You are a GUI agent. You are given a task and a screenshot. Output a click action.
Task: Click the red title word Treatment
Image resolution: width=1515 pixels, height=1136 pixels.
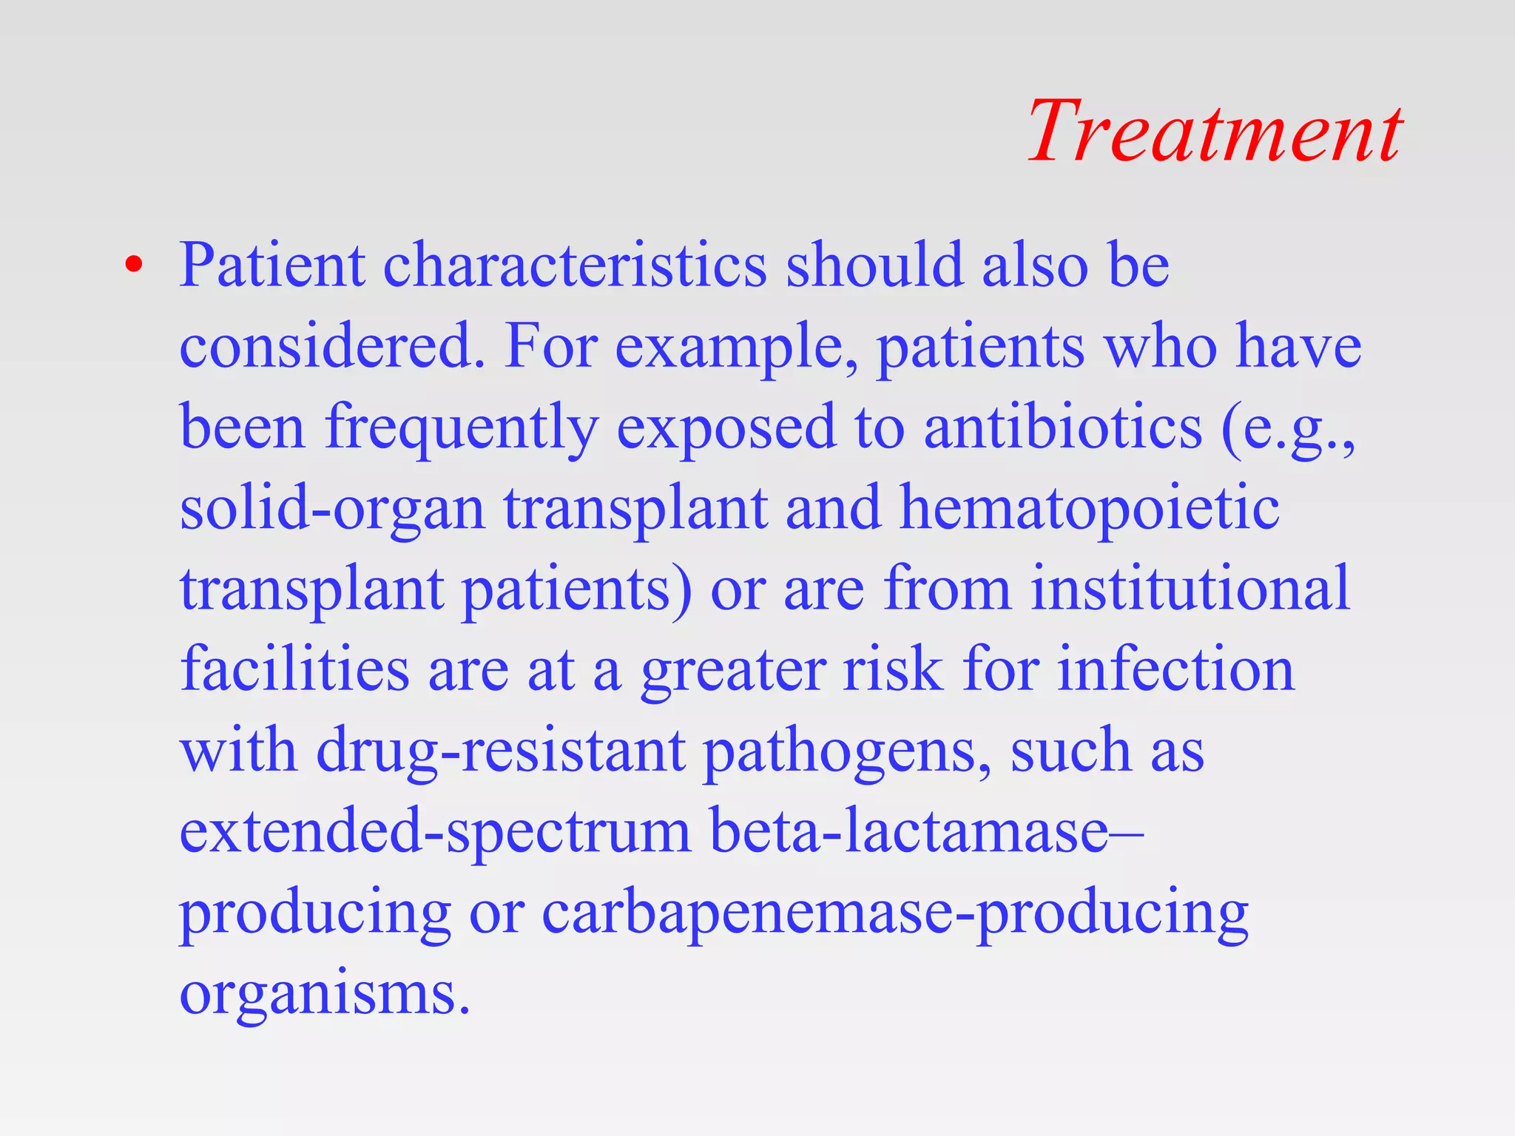(1215, 132)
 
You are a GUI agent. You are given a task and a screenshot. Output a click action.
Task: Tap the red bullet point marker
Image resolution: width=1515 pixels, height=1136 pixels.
(133, 266)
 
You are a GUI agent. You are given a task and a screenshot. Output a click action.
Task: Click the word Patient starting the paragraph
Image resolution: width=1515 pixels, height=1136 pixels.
(272, 265)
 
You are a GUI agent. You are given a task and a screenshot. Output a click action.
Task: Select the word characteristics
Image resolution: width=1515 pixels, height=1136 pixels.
(575, 265)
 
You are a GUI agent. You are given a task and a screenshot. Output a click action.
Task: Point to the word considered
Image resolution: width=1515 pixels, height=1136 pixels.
(331, 346)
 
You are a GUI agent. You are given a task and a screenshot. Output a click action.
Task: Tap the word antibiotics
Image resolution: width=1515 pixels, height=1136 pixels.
(1063, 427)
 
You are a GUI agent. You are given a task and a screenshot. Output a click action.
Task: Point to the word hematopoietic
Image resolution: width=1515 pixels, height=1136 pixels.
(1089, 509)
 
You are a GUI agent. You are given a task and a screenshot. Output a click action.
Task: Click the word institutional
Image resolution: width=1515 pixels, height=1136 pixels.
(1191, 589)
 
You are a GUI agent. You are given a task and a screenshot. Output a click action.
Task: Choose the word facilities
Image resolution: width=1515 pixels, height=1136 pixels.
(294, 669)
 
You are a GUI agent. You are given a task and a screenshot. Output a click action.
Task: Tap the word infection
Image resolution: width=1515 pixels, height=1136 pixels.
(1175, 669)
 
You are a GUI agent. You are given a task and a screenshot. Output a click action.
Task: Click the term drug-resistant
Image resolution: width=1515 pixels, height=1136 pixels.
(501, 751)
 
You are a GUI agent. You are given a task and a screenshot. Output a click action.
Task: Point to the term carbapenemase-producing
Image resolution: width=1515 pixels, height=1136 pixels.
(895, 914)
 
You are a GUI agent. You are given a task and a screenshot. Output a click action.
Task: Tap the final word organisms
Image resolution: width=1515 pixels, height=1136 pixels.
(325, 994)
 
